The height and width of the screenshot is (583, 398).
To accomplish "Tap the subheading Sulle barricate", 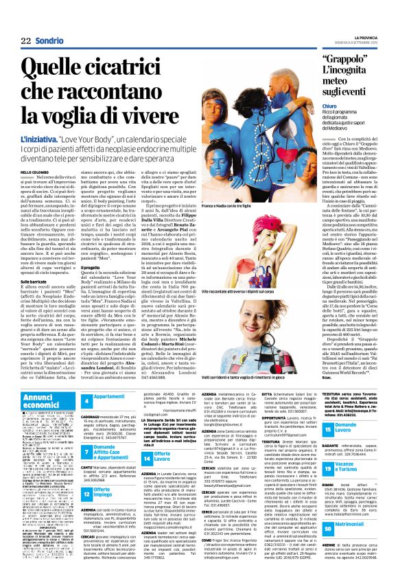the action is pyautogui.click(x=34, y=281).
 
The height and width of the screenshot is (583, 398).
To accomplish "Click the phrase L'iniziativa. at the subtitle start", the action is pyautogui.click(x=38, y=139).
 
